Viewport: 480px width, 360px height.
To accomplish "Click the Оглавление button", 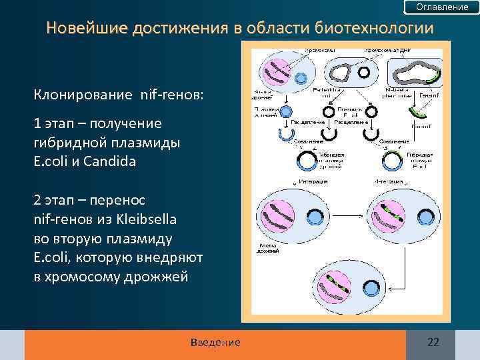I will (x=442, y=7).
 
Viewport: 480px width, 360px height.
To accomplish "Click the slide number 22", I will (x=433, y=342).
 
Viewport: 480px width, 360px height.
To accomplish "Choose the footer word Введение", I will (x=215, y=342).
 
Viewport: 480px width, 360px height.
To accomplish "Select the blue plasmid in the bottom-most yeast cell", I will (x=371, y=287).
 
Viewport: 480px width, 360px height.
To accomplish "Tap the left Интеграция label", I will (x=312, y=181).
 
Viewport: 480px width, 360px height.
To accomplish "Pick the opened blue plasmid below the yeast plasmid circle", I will (x=287, y=133).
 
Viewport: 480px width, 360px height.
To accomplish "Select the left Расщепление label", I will (x=307, y=123).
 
